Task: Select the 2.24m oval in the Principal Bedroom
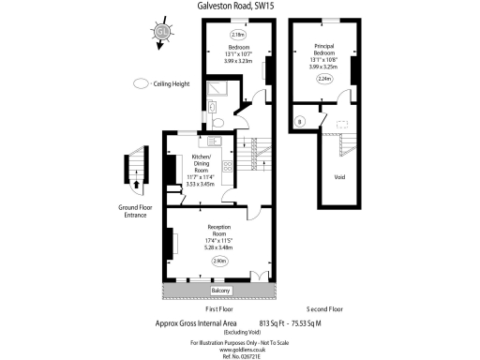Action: (324, 80)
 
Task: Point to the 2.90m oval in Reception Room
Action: (220, 260)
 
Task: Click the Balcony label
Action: (220, 291)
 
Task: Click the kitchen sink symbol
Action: (214, 142)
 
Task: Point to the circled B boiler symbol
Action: (300, 121)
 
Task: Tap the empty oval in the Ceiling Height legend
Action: (141, 82)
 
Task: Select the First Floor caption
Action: (218, 308)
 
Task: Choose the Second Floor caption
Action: (325, 308)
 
